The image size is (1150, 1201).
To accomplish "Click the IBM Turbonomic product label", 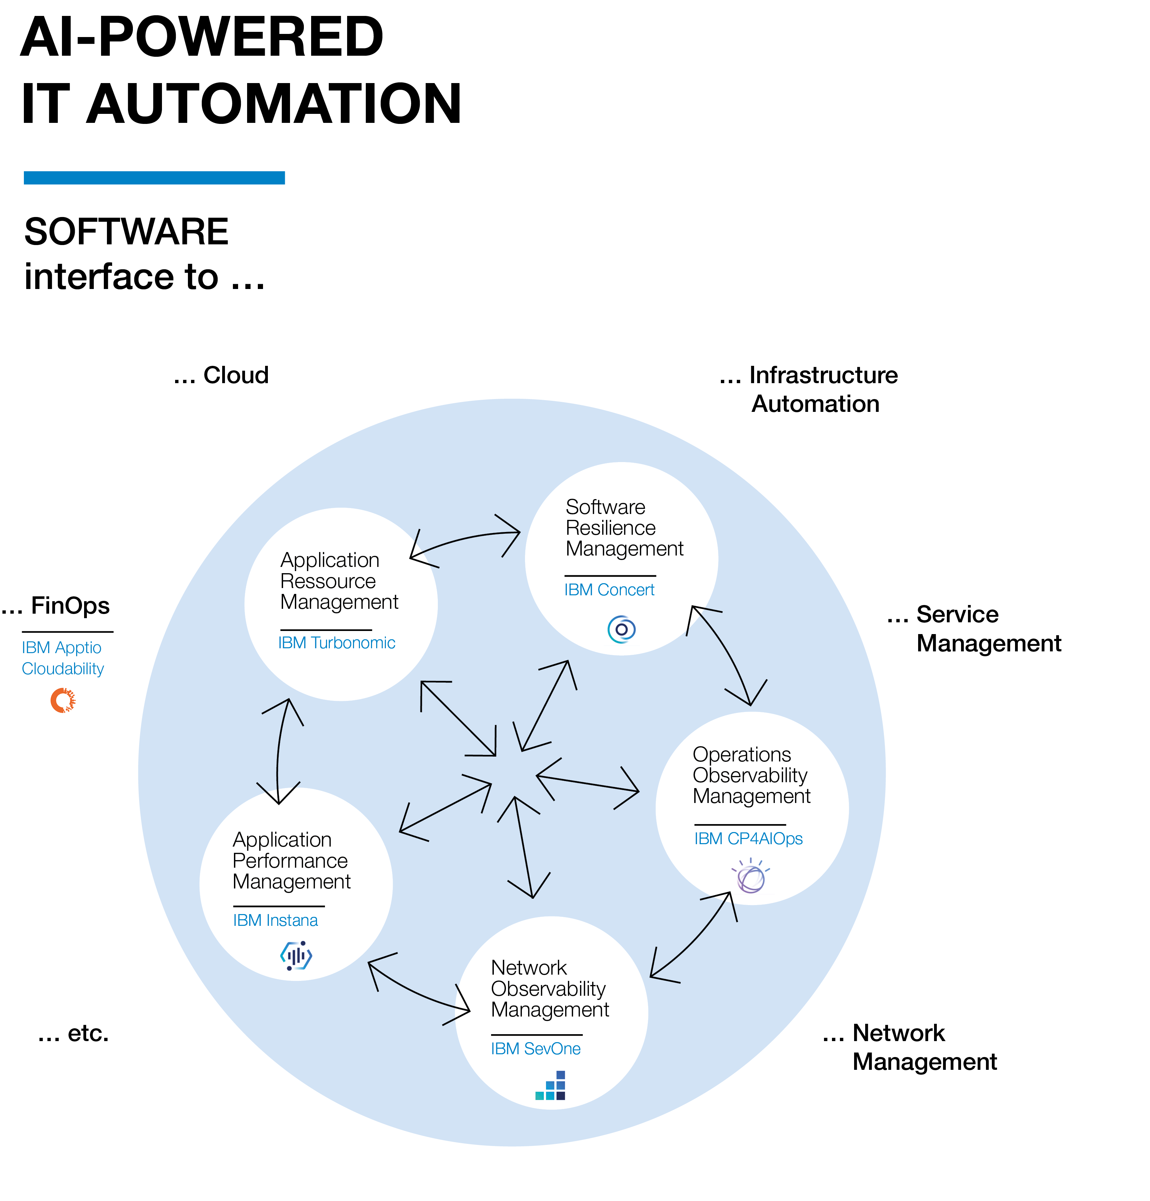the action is pos(336,643).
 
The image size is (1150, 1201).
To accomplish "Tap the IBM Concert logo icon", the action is pos(621,629).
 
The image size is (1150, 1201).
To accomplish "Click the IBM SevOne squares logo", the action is pos(550,1085).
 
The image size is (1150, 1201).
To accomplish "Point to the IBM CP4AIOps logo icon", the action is pos(751,876).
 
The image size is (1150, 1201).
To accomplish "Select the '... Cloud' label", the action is pos(221,375).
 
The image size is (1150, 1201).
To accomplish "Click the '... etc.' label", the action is pos(73,1033).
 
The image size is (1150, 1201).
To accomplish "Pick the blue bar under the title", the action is pos(154,178).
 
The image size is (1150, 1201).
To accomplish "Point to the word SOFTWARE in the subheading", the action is pos(126,232).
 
